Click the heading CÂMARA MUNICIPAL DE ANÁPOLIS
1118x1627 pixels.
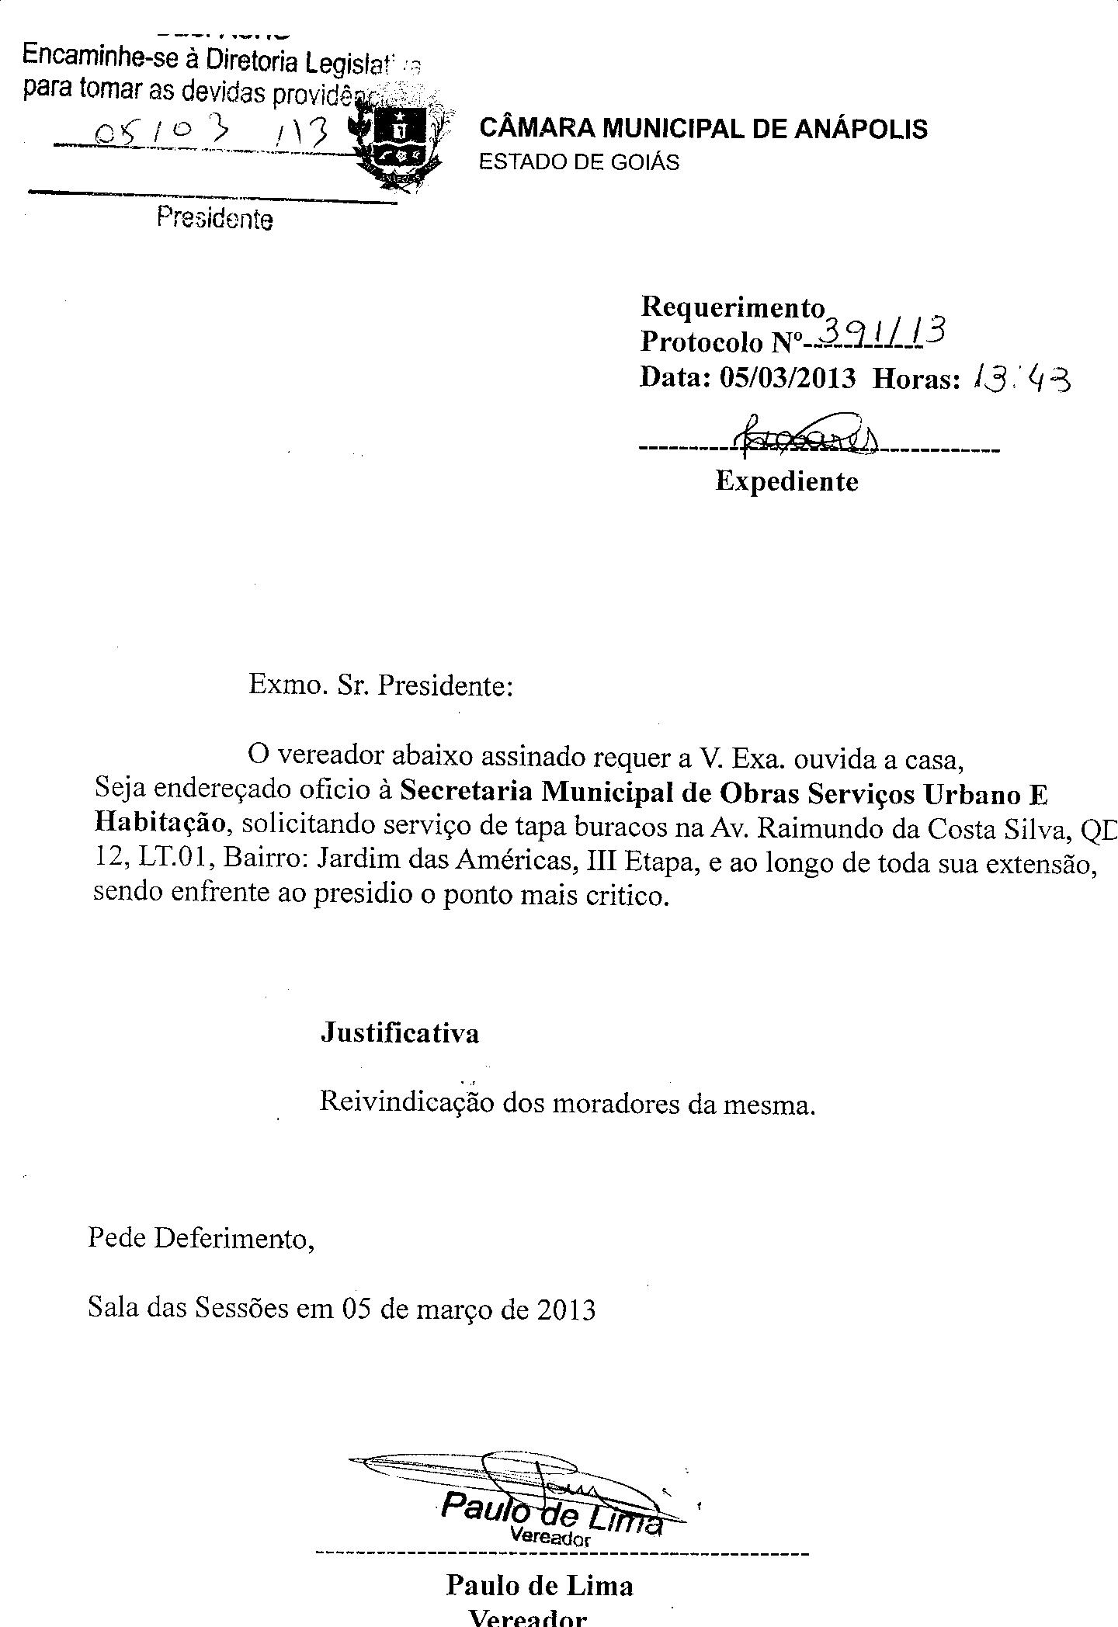(x=703, y=127)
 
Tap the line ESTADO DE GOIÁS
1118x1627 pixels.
(x=579, y=162)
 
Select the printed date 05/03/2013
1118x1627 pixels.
(x=788, y=378)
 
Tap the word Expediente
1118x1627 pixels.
(x=786, y=482)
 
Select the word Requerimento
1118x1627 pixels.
(x=732, y=307)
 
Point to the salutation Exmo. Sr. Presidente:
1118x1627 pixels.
(x=380, y=686)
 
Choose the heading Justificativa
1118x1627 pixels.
(x=400, y=1033)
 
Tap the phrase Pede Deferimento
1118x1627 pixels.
(x=200, y=1237)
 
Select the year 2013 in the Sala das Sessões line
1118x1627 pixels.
(x=566, y=1310)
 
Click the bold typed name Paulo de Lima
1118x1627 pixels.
(x=540, y=1585)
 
